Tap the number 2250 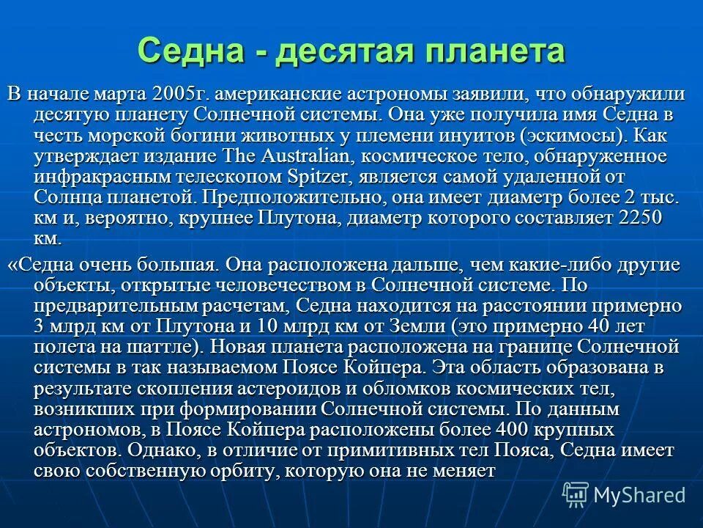pyautogui.click(x=641, y=218)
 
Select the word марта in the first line pyautogui.click(x=125, y=95)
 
